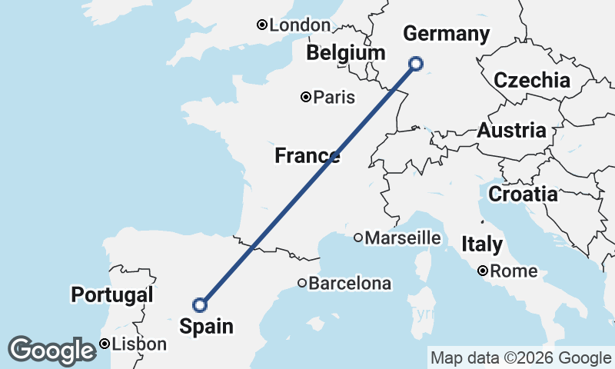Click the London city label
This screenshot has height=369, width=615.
click(x=300, y=25)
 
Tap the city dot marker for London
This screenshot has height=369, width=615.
click(x=262, y=25)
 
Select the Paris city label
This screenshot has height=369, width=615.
click(x=334, y=98)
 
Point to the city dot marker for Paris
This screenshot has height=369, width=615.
click(x=306, y=97)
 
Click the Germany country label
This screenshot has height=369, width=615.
click(x=446, y=34)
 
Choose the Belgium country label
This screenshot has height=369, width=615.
click(x=345, y=53)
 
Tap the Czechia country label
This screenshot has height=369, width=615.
click(x=532, y=81)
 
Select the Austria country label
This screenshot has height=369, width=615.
click(x=511, y=131)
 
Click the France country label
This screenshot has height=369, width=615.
click(x=307, y=157)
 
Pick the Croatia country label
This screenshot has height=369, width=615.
click(x=523, y=194)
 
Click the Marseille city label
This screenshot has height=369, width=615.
click(x=403, y=238)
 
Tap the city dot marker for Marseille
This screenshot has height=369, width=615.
click(x=358, y=238)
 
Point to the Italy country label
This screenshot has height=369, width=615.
click(x=482, y=245)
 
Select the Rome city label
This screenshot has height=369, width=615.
click(x=514, y=271)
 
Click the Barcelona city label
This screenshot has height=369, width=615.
click(x=350, y=284)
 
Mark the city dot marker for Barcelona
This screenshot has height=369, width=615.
click(x=302, y=284)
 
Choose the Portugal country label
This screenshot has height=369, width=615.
click(x=112, y=294)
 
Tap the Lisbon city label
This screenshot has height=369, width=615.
click(x=139, y=344)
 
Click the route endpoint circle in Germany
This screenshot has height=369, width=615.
click(x=416, y=64)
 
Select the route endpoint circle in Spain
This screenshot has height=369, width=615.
click(x=200, y=305)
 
